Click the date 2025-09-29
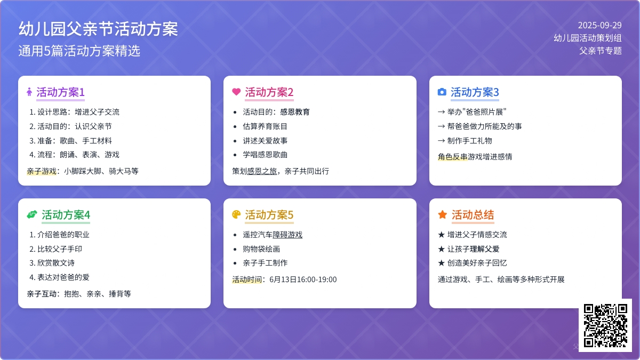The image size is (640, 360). [599, 26]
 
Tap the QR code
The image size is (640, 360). [605, 325]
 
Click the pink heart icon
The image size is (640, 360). [236, 92]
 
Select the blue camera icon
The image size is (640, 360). [442, 92]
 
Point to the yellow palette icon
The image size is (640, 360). [236, 214]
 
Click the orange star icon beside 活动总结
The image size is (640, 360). [442, 214]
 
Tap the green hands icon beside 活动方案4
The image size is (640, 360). [32, 214]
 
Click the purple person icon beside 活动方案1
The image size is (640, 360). [29, 92]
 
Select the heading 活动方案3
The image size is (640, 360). [475, 92]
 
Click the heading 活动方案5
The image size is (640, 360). [269, 215]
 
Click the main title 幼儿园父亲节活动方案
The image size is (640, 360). [98, 29]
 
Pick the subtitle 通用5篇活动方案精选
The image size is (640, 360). [79, 51]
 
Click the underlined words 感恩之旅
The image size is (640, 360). [262, 171]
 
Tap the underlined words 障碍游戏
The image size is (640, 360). [287, 235]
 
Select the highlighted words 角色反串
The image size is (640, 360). [453, 157]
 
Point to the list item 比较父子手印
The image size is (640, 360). [60, 249]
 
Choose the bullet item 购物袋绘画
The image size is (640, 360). [261, 249]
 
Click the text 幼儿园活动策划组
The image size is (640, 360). [588, 38]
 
